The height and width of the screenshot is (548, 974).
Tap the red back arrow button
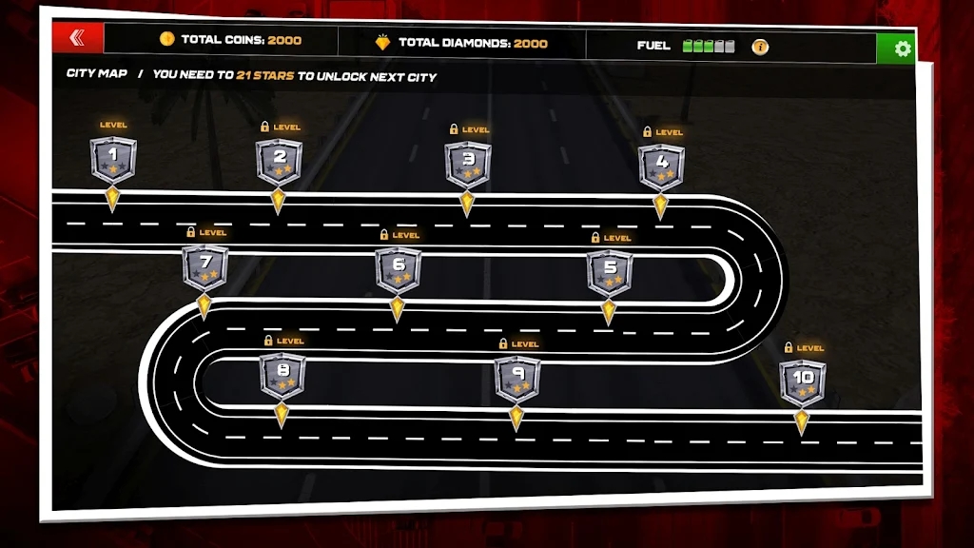tap(78, 38)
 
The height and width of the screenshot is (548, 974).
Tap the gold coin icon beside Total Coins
tap(166, 38)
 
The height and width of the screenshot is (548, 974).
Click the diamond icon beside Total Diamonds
tap(382, 42)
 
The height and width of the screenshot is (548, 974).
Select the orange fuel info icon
tap(760, 47)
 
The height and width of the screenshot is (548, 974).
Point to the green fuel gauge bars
tap(708, 46)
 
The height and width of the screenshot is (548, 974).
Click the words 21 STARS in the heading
tap(265, 75)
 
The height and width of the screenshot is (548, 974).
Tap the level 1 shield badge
tap(113, 160)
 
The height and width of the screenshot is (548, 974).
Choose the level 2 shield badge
tap(280, 162)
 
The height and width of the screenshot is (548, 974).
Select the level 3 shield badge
tap(468, 165)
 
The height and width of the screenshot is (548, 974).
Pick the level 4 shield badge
tap(662, 167)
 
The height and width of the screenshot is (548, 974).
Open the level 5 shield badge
tap(610, 273)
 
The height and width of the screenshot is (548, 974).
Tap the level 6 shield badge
tap(399, 270)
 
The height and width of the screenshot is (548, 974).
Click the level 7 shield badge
tap(205, 267)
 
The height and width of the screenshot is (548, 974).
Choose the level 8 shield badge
tap(282, 376)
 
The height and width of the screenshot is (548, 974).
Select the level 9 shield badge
tap(517, 379)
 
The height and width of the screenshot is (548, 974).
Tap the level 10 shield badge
tap(803, 383)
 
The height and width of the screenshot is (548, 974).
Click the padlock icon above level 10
tap(789, 347)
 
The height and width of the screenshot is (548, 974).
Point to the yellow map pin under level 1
tap(112, 199)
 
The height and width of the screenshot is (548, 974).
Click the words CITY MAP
tap(97, 73)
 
